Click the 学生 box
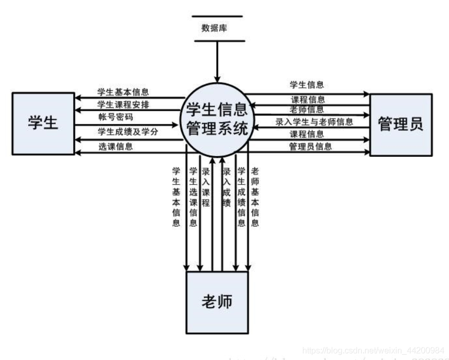(x=43, y=124)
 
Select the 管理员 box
(x=401, y=124)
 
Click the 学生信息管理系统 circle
(x=215, y=118)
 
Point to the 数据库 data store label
(x=217, y=28)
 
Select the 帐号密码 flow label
(x=113, y=118)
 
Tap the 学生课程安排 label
(x=123, y=104)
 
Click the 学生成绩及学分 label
(x=127, y=132)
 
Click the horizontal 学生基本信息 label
(x=123, y=92)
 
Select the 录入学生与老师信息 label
(x=314, y=122)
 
